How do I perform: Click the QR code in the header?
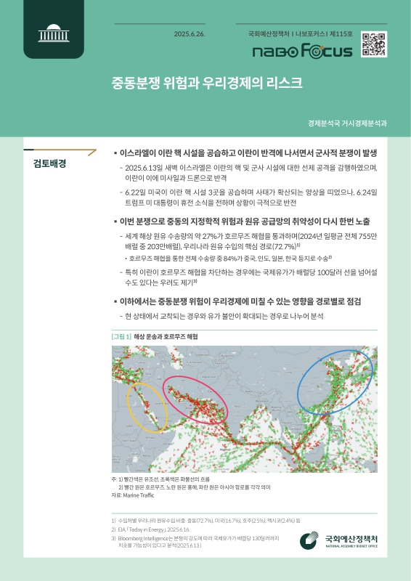(373, 45)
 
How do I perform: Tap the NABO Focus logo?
(301, 52)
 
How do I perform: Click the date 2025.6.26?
(190, 34)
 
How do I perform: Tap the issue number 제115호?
(340, 34)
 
